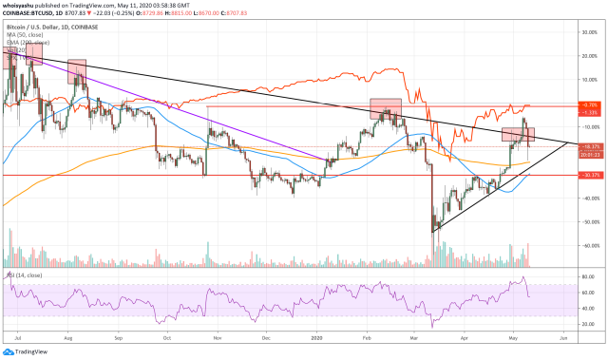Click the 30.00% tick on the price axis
pyautogui.click(x=590, y=31)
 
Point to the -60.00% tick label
pyautogui.click(x=589, y=245)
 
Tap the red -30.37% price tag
pyautogui.click(x=590, y=175)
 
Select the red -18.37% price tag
pyautogui.click(x=590, y=146)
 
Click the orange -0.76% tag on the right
pyautogui.click(x=590, y=104)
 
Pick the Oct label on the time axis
pyautogui.click(x=167, y=337)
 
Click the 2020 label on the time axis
pyautogui.click(x=318, y=337)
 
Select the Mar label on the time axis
pyautogui.click(x=414, y=337)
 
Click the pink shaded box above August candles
pyautogui.click(x=76, y=72)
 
